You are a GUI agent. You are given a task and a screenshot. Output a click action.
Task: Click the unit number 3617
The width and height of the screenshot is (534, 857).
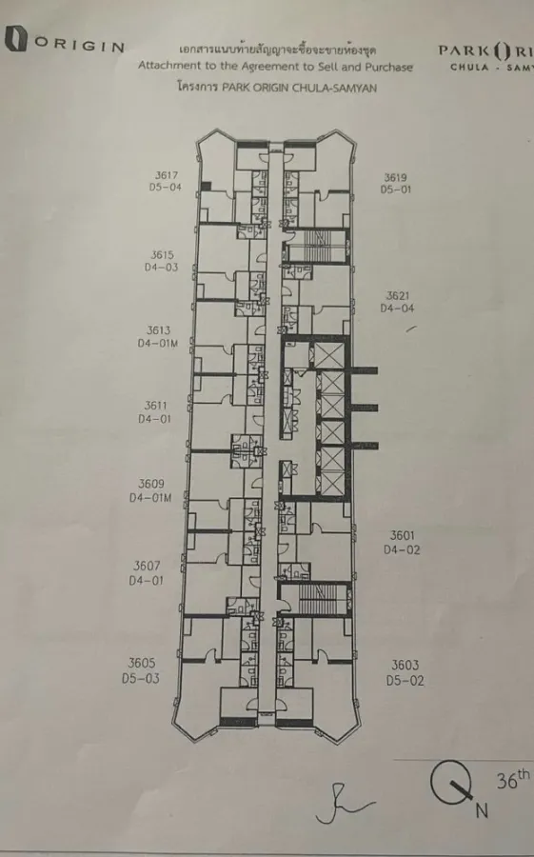pyautogui.click(x=167, y=175)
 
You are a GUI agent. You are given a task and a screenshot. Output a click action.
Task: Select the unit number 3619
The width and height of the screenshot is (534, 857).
pyautogui.click(x=395, y=178)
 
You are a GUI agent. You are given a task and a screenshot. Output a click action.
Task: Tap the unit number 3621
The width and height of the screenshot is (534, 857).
pyautogui.click(x=397, y=296)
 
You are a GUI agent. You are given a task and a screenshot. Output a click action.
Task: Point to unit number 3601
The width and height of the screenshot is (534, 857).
pyautogui.click(x=402, y=535)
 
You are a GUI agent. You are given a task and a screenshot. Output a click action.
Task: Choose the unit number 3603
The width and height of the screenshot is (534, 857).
pyautogui.click(x=405, y=666)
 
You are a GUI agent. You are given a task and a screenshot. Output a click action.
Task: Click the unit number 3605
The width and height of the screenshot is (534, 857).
pyautogui.click(x=142, y=663)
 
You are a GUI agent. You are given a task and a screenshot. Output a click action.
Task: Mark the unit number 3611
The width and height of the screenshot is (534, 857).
pyautogui.click(x=155, y=406)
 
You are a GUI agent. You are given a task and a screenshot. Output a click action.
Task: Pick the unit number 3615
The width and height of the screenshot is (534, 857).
pyautogui.click(x=163, y=254)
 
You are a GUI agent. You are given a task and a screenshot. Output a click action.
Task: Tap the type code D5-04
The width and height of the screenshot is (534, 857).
pyautogui.click(x=165, y=188)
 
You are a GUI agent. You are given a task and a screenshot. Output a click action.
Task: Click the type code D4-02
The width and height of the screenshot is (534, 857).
pyautogui.click(x=402, y=549)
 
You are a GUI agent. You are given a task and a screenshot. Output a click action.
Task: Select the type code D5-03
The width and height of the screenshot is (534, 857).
pyautogui.click(x=141, y=678)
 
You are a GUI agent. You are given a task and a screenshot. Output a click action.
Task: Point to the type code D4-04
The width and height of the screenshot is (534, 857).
pyautogui.click(x=397, y=309)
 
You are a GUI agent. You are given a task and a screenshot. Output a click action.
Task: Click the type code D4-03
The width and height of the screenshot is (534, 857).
pyautogui.click(x=161, y=268)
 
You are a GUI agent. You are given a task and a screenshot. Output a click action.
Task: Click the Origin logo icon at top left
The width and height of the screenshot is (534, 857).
pyautogui.click(x=16, y=38)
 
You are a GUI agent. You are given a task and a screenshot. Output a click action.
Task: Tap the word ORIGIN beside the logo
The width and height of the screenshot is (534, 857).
pyautogui.click(x=80, y=45)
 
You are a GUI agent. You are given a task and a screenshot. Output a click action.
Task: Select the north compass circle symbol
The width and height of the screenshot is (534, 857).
pyautogui.click(x=450, y=782)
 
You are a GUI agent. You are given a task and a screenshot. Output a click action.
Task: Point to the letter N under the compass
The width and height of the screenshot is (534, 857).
pyautogui.click(x=482, y=810)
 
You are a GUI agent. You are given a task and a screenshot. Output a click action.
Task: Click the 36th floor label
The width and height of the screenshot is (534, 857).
pyautogui.click(x=513, y=779)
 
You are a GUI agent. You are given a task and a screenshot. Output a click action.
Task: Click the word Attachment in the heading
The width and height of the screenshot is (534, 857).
pyautogui.click(x=162, y=66)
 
